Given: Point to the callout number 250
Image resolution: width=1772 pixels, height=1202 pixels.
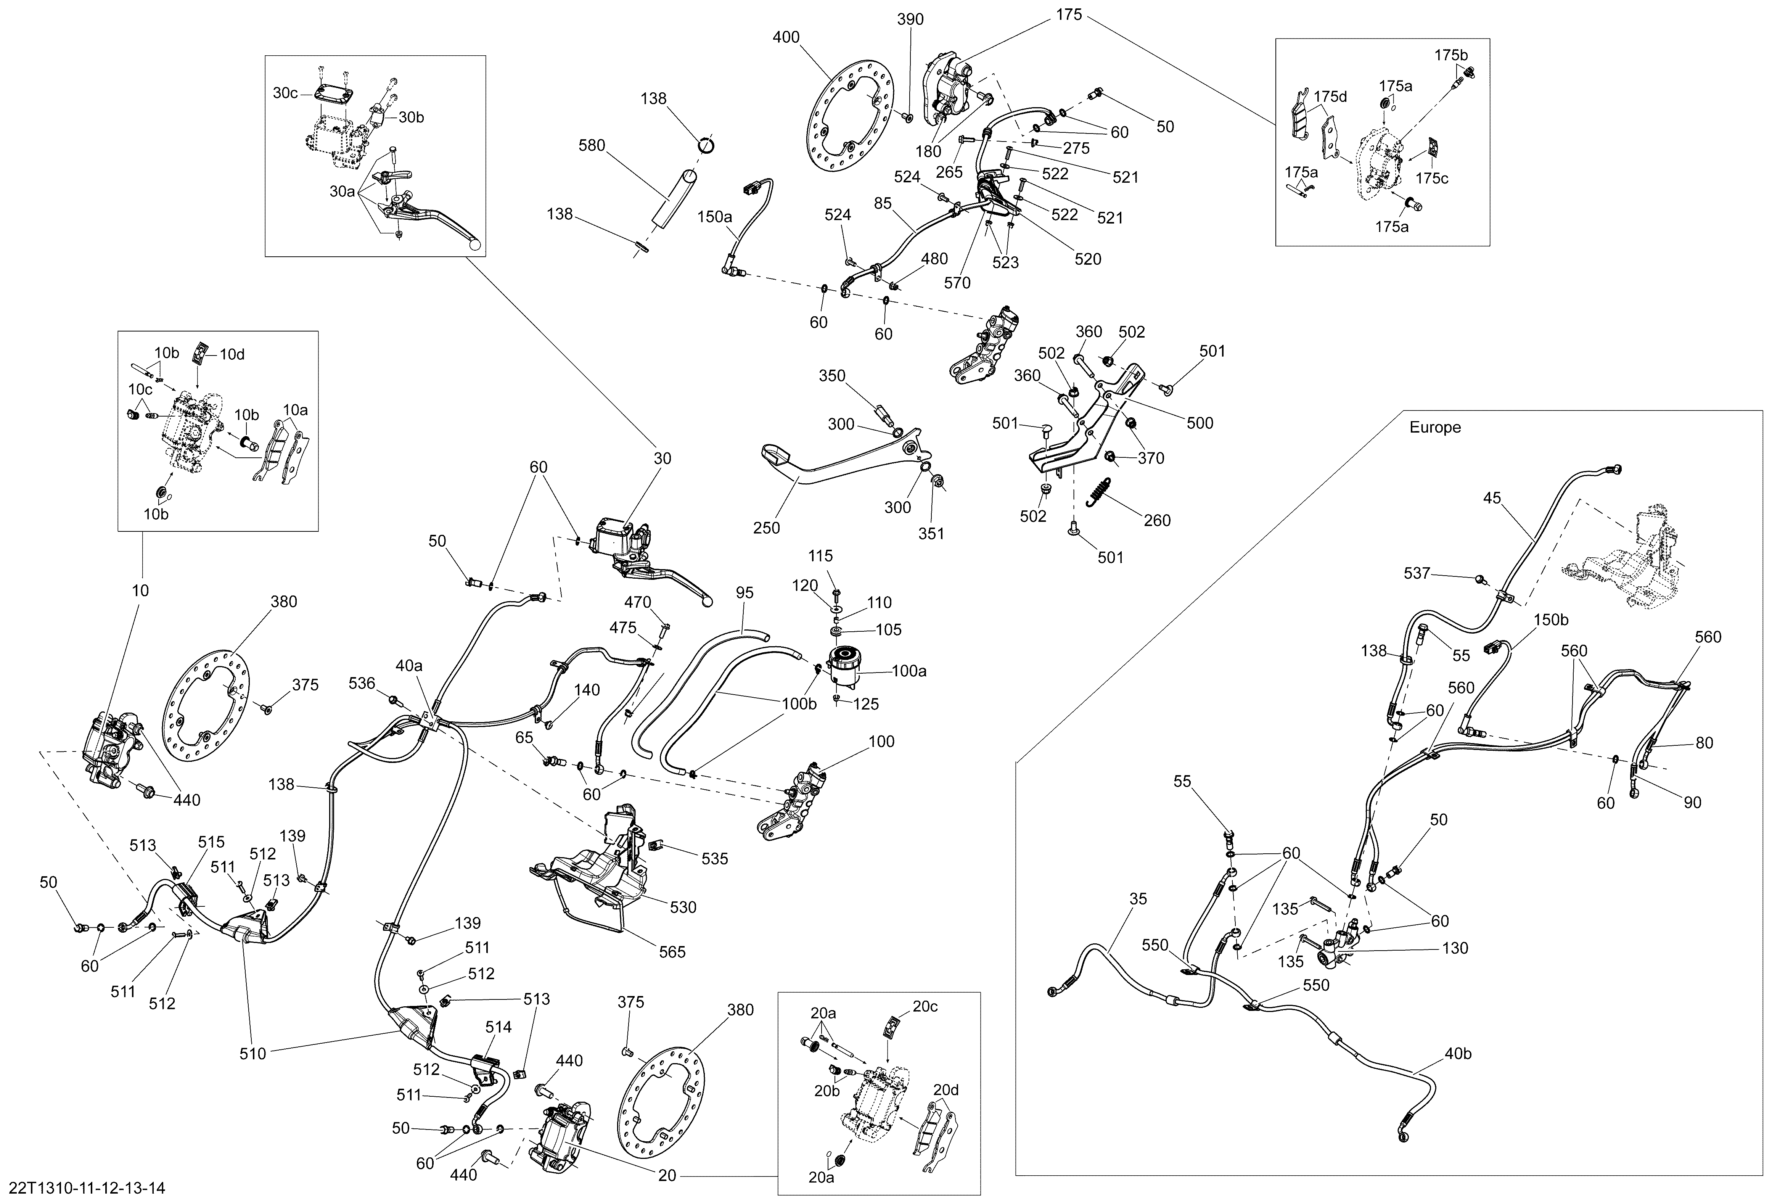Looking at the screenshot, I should point(766,528).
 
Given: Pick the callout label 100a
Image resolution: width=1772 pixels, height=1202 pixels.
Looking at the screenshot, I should point(909,671).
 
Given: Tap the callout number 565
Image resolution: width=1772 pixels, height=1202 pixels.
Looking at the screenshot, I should point(672,952).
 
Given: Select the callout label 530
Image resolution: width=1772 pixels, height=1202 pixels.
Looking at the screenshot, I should point(683,907).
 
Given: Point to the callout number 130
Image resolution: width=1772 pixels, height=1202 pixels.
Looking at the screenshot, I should point(1455,948).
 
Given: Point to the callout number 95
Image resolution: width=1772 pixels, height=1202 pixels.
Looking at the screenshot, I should point(745,593).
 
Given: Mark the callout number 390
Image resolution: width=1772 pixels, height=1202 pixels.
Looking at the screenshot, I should point(910,19).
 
